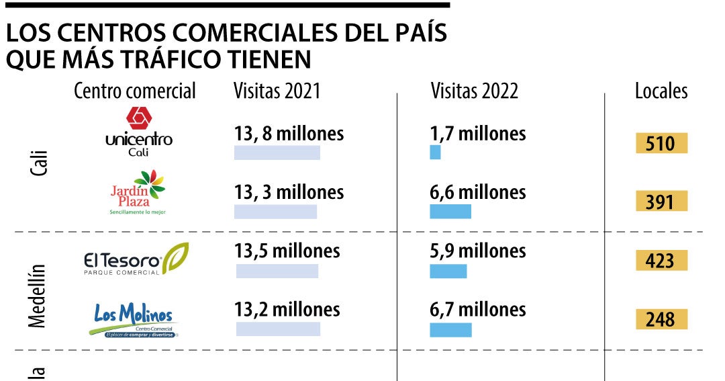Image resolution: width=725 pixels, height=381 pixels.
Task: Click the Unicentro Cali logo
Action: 139,132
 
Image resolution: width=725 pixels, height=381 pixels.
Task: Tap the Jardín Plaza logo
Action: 138,192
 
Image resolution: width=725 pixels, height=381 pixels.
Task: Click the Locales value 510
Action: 661,144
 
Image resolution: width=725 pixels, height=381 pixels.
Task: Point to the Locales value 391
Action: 661,201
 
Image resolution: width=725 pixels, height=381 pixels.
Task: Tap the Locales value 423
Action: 661,260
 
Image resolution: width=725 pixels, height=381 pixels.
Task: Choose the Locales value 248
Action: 661,319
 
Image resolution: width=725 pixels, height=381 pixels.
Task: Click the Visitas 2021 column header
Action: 277,91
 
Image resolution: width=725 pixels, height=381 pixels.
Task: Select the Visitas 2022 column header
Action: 475,91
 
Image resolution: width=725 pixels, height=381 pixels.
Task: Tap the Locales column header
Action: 661,91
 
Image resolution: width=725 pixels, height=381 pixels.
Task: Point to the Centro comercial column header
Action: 135,91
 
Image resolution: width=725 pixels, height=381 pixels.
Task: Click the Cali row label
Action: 39,164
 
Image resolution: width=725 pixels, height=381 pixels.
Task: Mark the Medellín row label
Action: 38,296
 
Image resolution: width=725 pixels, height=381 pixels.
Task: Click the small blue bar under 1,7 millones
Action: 435,153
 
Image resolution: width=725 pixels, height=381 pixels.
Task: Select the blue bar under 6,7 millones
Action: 450,330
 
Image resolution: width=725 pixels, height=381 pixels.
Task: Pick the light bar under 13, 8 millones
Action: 277,153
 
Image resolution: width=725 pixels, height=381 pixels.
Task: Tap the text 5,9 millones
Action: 477,251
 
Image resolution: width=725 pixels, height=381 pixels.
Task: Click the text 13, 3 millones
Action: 289,192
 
